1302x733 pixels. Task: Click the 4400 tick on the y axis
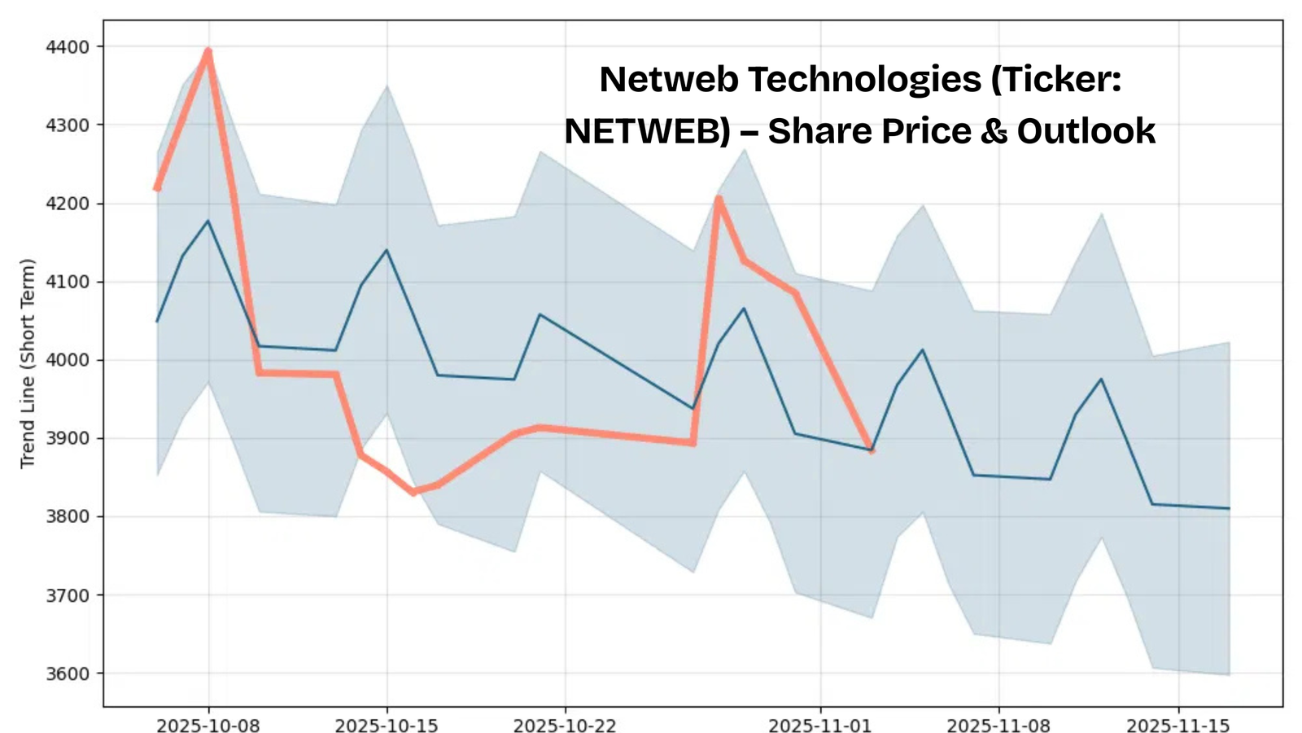(68, 47)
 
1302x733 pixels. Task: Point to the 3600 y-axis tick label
(68, 674)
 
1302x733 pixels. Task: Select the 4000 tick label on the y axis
(68, 360)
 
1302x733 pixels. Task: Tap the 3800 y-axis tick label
(68, 516)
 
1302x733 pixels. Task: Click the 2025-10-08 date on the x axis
(208, 726)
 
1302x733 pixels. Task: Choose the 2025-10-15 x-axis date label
(387, 726)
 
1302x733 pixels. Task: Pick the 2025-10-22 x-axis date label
(565, 726)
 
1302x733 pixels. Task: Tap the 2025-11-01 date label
(820, 726)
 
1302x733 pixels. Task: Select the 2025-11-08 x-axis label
(998, 726)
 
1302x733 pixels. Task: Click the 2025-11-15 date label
(1177, 726)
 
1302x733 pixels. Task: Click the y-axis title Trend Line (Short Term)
(28, 363)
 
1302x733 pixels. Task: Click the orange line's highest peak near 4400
(208, 51)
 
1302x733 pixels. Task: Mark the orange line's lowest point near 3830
(413, 492)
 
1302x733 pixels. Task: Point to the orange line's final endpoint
(872, 450)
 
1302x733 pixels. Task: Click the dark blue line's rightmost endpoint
(1229, 508)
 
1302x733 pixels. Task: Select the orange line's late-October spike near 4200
(719, 198)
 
